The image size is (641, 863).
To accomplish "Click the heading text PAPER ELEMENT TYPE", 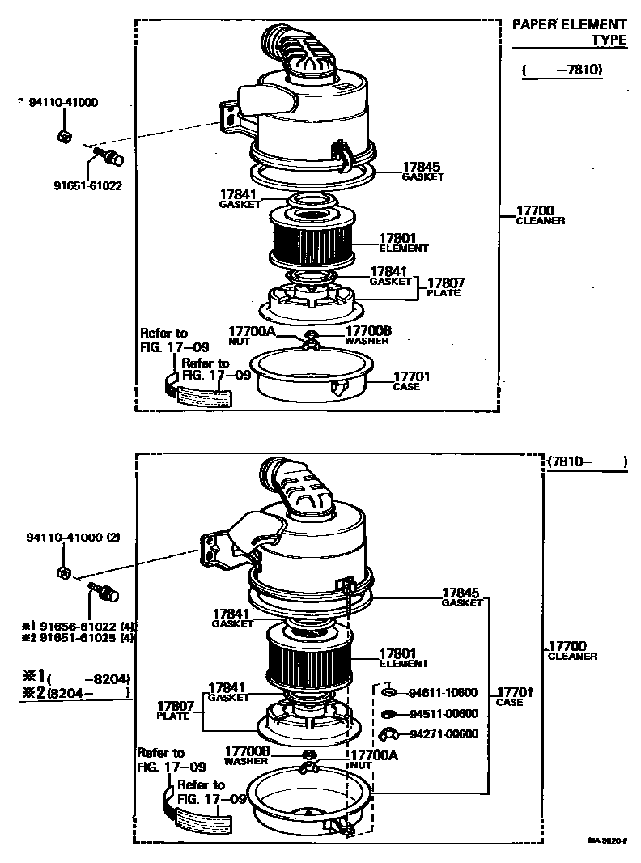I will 570,32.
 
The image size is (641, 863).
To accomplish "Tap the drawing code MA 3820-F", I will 608,841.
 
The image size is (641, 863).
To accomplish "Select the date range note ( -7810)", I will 562,70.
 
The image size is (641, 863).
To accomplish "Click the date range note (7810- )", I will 587,461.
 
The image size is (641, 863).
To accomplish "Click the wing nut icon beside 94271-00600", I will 389,734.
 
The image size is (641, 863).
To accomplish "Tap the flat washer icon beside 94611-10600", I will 388,692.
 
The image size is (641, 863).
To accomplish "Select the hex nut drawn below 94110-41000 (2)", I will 63,572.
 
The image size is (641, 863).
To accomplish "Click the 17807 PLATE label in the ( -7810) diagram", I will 443,287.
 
